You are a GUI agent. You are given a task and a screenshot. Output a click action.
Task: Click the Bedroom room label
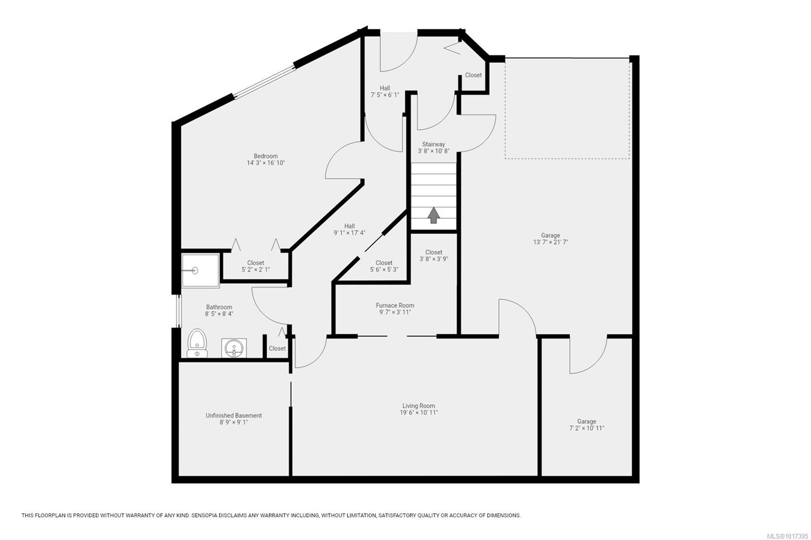[266, 156]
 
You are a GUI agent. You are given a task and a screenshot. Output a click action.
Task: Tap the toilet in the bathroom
[197, 343]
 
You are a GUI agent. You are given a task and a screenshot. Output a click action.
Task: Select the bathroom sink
[234, 348]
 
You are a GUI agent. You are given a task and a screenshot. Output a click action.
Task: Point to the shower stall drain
[195, 271]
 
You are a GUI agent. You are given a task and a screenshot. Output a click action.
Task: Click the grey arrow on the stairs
[433, 215]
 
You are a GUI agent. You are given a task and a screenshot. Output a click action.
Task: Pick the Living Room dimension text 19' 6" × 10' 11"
[419, 413]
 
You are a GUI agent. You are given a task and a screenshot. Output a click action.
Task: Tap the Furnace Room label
[395, 305]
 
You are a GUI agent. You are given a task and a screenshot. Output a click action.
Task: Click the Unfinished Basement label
[234, 415]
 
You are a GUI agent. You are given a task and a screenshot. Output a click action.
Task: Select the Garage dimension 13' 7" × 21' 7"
[550, 242]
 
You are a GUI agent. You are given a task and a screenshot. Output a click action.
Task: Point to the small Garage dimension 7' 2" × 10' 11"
[586, 428]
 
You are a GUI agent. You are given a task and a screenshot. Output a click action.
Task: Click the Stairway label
[433, 144]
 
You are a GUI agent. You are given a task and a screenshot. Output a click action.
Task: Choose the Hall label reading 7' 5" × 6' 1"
[385, 95]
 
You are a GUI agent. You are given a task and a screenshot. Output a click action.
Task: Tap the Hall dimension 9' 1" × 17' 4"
[349, 233]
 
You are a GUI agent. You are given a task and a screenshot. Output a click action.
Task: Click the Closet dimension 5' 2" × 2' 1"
[255, 269]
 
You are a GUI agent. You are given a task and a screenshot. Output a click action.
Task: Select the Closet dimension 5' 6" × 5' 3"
[384, 269]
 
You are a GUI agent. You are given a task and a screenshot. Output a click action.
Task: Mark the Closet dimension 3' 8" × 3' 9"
[434, 259]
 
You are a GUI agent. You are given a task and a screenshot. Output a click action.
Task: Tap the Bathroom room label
[219, 307]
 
